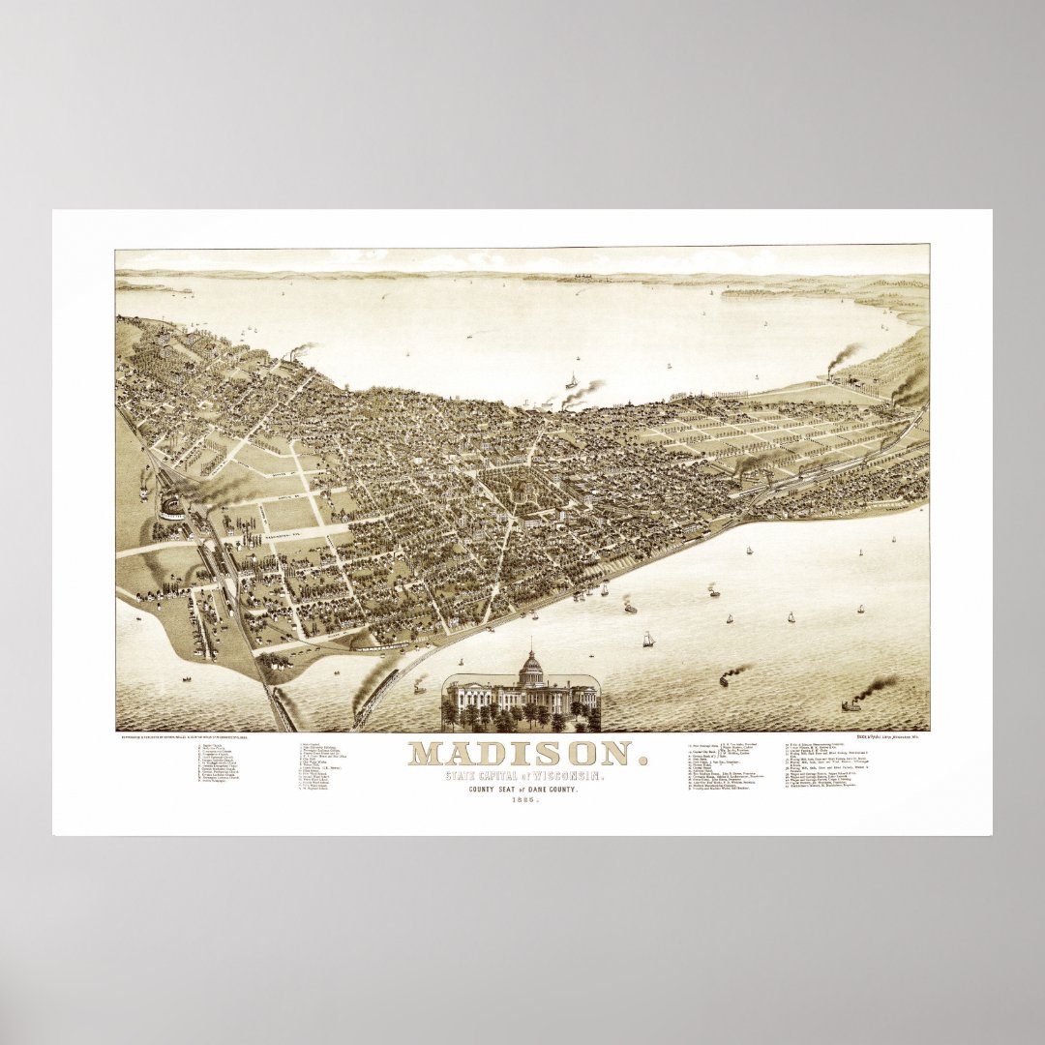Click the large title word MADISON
click(522, 754)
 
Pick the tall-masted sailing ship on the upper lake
click(572, 380)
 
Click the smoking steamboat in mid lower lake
click(725, 677)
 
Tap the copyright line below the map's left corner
click(184, 737)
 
